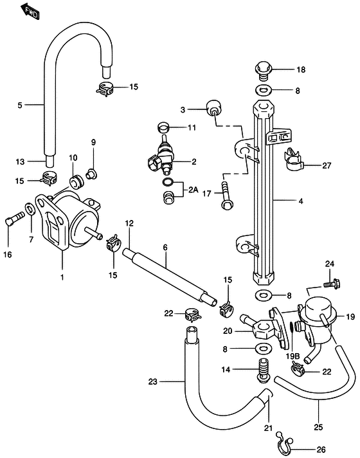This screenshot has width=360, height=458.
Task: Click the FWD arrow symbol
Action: tap(30, 11)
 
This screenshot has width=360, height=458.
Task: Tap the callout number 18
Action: tap(301, 69)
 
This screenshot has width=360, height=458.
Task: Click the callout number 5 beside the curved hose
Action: tap(19, 104)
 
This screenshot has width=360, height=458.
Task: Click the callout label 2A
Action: tap(194, 190)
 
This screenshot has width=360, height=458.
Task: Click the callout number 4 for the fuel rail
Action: tap(300, 201)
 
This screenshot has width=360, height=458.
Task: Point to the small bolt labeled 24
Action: tap(330, 281)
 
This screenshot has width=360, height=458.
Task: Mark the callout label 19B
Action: tap(294, 355)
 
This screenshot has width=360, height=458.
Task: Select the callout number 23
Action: tap(152, 381)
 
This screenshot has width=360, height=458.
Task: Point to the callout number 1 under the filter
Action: tap(62, 277)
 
